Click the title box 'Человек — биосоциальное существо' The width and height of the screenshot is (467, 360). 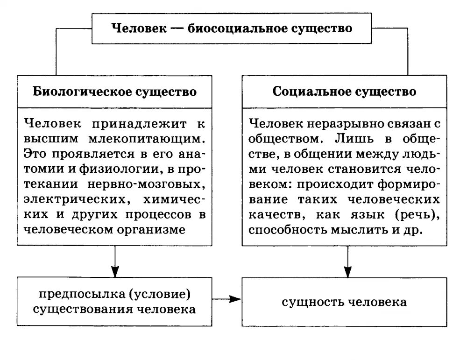232,28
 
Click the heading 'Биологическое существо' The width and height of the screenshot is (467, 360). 115,91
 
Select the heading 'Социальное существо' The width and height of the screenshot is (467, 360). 344,91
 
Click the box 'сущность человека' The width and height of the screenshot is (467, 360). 344,302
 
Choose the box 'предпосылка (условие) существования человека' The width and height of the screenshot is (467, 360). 115,302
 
